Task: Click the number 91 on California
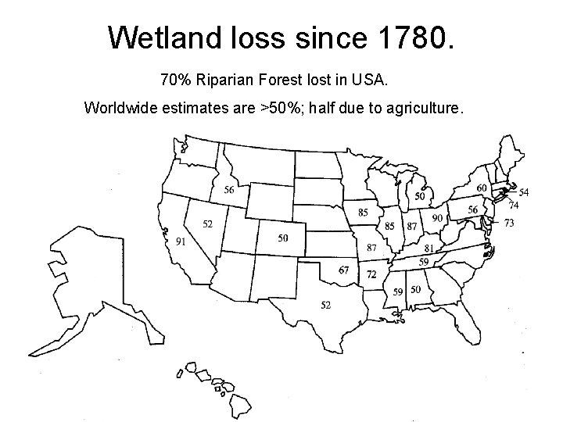[x=181, y=241]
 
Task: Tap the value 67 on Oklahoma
[x=344, y=270]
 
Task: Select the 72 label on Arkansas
[x=371, y=274]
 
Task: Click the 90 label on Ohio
[x=437, y=218]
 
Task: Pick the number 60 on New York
[x=482, y=188]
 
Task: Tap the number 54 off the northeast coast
[x=523, y=192]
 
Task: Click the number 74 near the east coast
[x=514, y=206]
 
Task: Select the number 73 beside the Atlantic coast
[x=508, y=224]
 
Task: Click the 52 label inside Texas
[x=326, y=305]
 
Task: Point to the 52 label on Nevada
[x=208, y=224]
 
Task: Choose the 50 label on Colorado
[x=282, y=238]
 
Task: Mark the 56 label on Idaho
[x=229, y=190]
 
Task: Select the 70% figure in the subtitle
[x=175, y=80]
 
